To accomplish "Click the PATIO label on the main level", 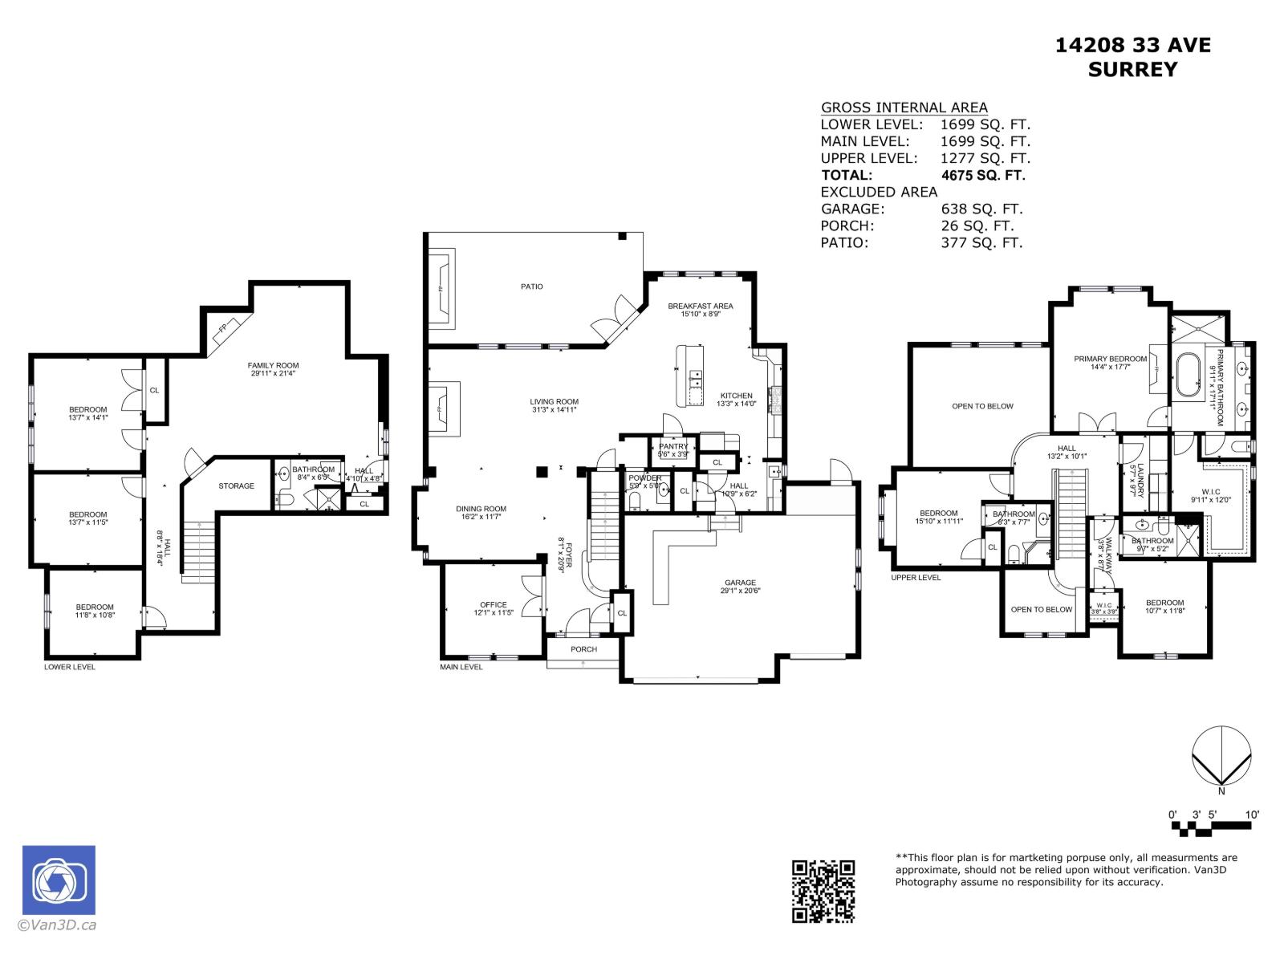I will pyautogui.click(x=531, y=286).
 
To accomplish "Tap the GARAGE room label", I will pyautogui.click(x=739, y=583).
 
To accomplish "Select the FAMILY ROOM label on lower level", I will pyautogui.click(x=273, y=366).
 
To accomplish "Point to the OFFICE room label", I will pyautogui.click(x=494, y=605).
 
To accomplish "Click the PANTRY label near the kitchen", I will pyautogui.click(x=673, y=447).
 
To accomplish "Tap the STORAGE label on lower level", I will pyautogui.click(x=236, y=486).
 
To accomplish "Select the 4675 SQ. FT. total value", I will pyautogui.click(x=982, y=175).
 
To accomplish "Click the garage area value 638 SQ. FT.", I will pyautogui.click(x=981, y=209).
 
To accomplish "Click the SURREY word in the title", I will pyautogui.click(x=1132, y=70).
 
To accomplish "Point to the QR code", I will pyautogui.click(x=823, y=891).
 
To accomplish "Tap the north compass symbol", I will pyautogui.click(x=1221, y=756).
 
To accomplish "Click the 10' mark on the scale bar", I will pyautogui.click(x=1252, y=815).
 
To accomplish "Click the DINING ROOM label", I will pyautogui.click(x=481, y=509).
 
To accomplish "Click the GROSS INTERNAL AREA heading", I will pyautogui.click(x=904, y=108).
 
